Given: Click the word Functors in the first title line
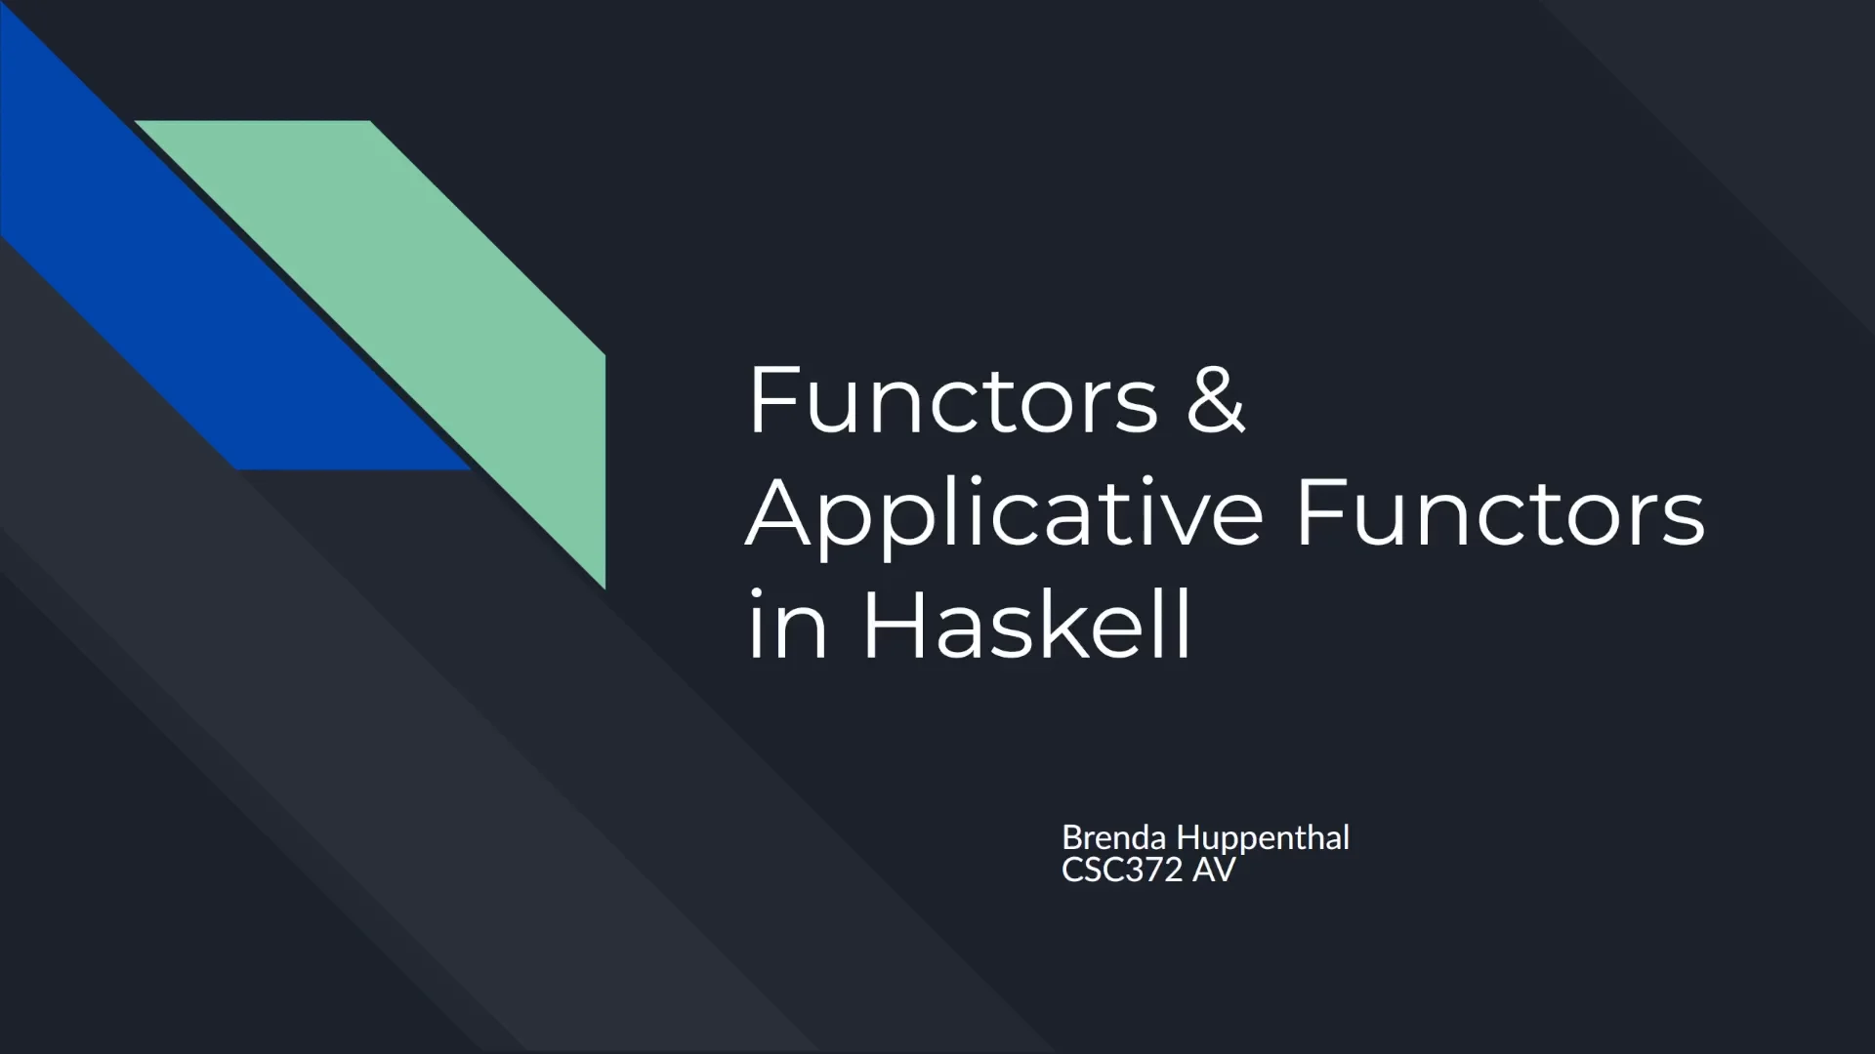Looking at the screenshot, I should [952, 400].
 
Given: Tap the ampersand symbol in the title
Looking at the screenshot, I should [1216, 400].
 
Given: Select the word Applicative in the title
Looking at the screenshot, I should [1006, 514].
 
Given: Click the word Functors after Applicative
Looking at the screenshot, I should [1500, 514].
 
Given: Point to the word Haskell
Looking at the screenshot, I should [1026, 625].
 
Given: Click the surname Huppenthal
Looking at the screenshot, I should [1263, 837].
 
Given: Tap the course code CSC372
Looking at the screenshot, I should [1122, 870].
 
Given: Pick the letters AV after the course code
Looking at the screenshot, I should [1214, 870].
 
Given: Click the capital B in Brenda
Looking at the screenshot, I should [1072, 837].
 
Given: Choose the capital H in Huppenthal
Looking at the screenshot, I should [1187, 837].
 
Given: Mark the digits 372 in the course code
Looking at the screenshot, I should [1153, 870].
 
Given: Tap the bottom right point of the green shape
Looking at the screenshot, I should [604, 586].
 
